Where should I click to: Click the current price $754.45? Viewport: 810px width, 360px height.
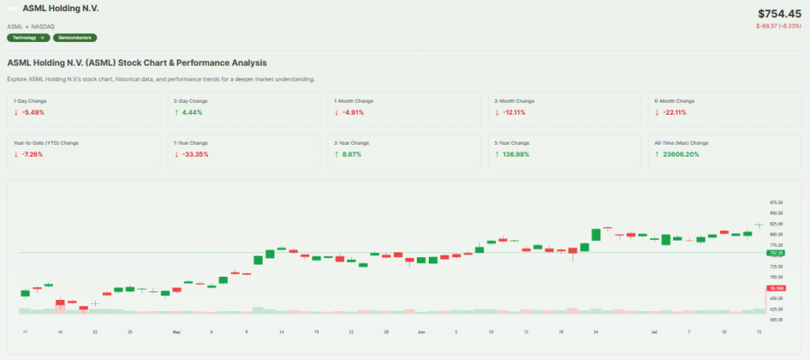point(779,13)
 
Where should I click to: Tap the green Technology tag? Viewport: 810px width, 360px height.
point(28,37)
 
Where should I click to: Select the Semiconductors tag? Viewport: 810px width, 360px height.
point(74,37)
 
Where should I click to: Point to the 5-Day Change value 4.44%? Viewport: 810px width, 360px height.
point(191,112)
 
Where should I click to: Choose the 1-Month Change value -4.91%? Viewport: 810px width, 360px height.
point(352,112)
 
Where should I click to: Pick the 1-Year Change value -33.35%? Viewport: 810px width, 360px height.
point(194,153)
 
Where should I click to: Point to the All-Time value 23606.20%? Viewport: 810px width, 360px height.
point(678,153)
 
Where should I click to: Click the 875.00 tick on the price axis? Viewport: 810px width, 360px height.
point(776,203)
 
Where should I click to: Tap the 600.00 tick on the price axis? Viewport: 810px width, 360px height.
point(776,320)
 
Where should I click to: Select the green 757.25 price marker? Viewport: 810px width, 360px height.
point(775,252)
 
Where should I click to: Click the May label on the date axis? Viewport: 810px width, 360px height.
point(176,332)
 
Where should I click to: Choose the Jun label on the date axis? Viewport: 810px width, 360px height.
point(421,332)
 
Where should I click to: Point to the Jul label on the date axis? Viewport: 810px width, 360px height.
point(654,332)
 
